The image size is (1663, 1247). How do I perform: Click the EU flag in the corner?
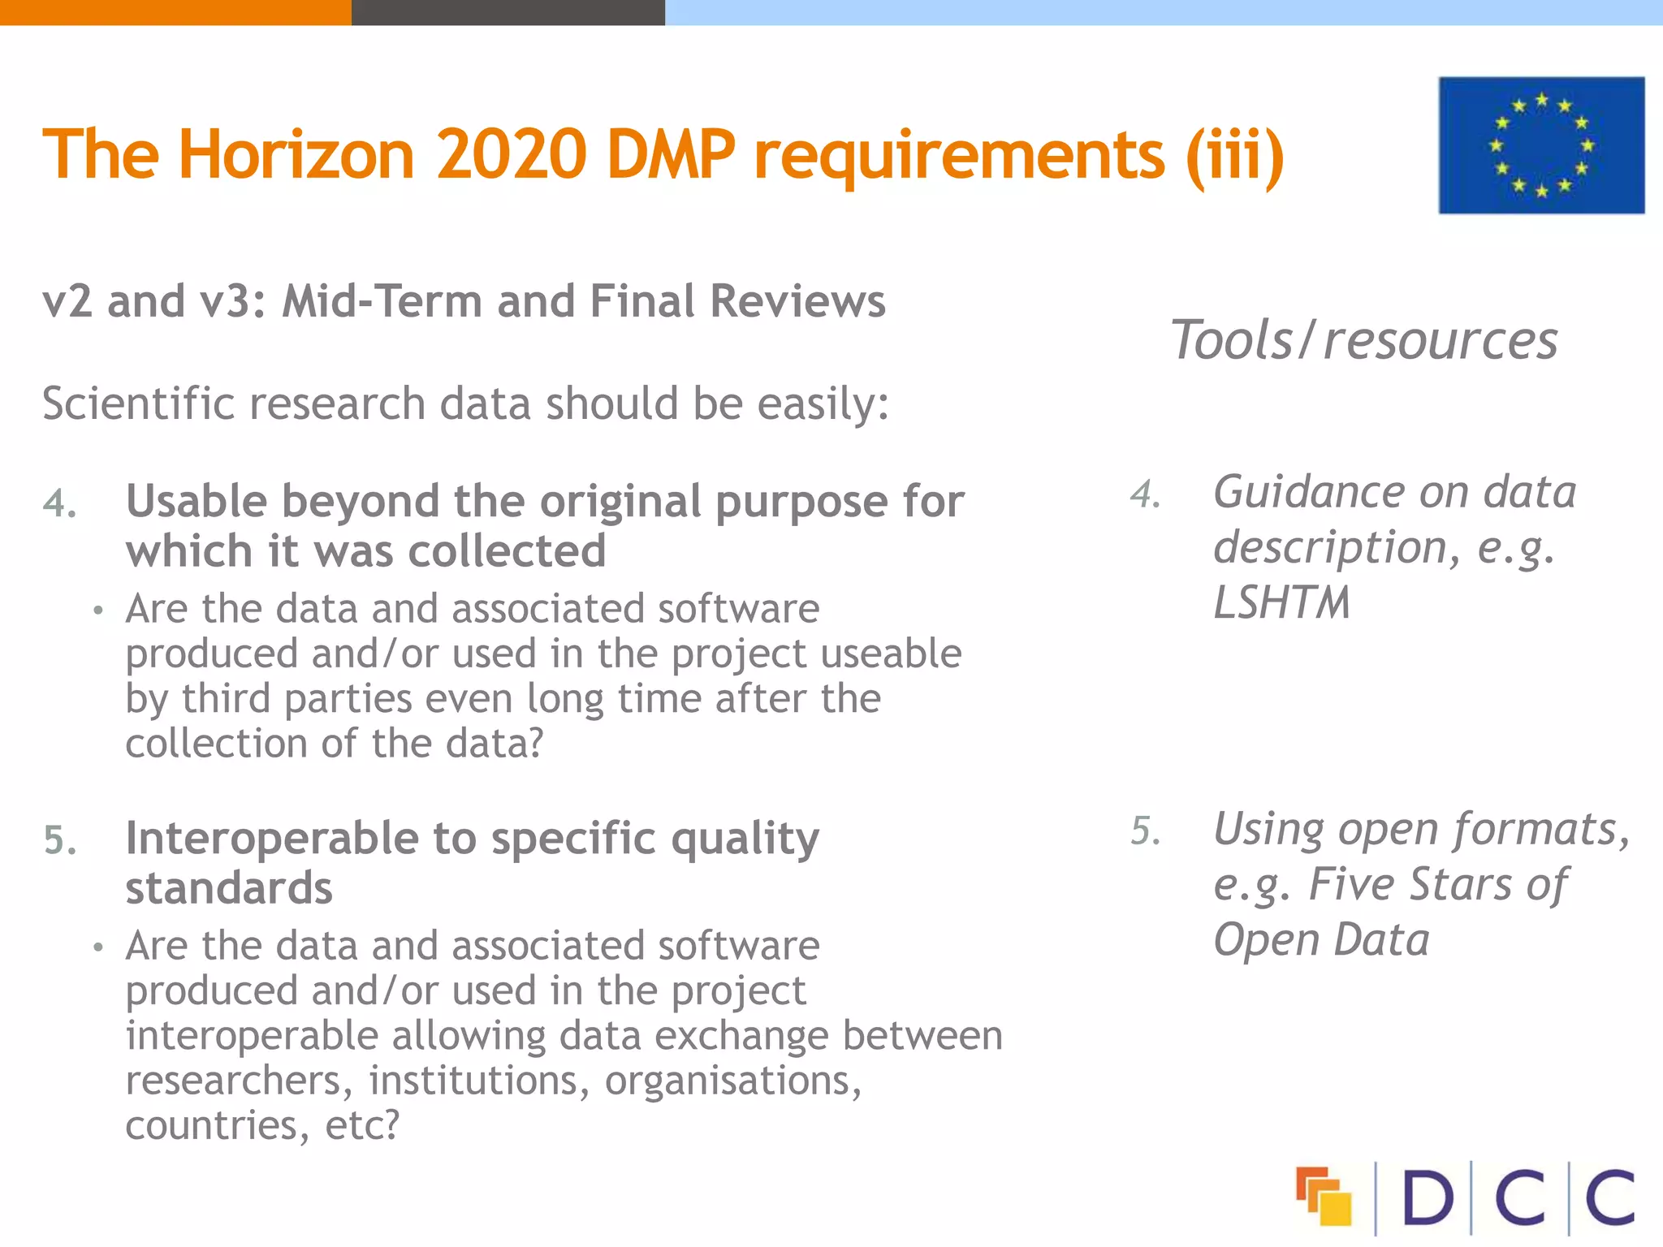click(x=1541, y=145)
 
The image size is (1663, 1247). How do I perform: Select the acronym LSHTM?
click(x=1281, y=602)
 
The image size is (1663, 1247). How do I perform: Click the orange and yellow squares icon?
click(x=1324, y=1196)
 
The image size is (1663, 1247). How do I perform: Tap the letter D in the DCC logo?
click(x=1427, y=1197)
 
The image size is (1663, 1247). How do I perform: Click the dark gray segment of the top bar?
click(x=508, y=12)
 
